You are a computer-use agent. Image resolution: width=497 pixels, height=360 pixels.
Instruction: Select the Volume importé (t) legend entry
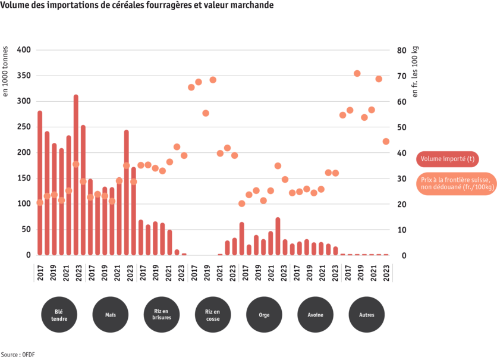point(447,159)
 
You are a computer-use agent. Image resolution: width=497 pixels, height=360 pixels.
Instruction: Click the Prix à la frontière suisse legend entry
point(455,183)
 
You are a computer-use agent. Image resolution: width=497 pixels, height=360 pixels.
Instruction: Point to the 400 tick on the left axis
point(24,50)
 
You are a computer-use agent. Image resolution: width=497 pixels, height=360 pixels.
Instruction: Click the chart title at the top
point(129,5)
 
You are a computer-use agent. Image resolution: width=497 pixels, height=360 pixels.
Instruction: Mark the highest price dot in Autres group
point(357,73)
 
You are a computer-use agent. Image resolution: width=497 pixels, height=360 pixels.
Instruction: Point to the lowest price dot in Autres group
point(386,141)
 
